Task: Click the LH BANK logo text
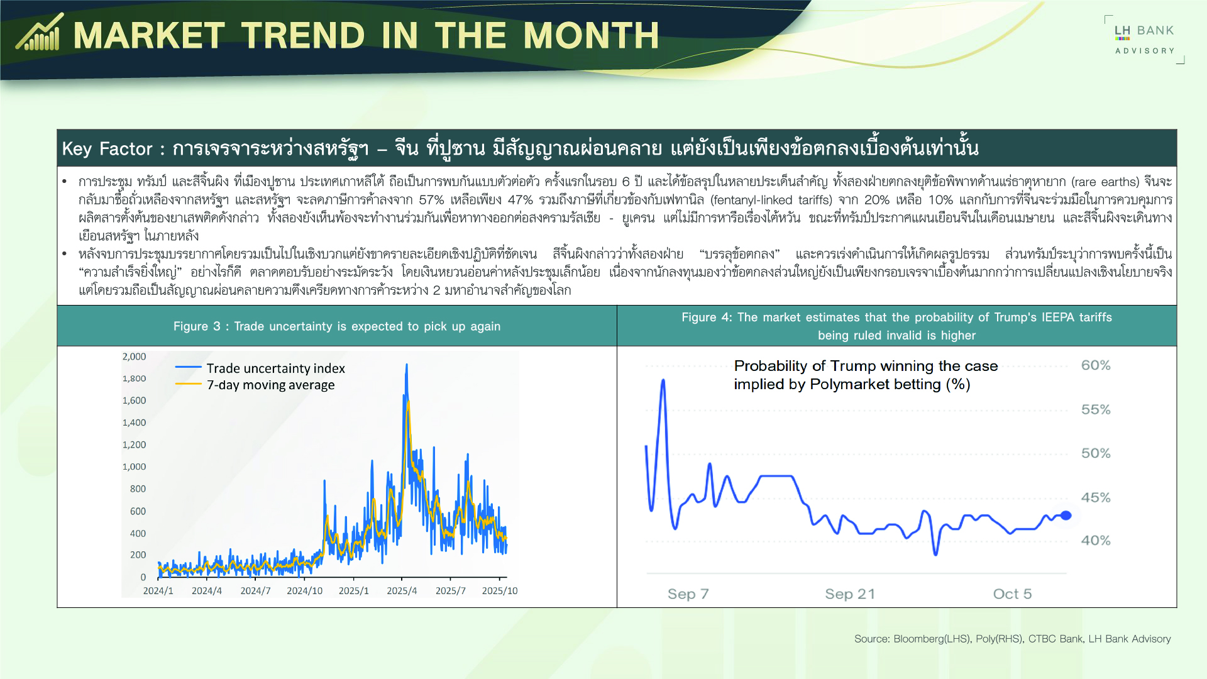coord(1144,31)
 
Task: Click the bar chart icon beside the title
coord(39,33)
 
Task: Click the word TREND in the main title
coord(302,35)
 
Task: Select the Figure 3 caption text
coord(336,326)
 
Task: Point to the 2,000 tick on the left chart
coord(134,356)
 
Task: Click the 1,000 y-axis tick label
coord(134,466)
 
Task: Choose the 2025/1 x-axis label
coord(353,591)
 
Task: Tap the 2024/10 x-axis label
coord(304,591)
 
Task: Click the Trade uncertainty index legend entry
coord(275,368)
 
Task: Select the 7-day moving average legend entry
coord(270,385)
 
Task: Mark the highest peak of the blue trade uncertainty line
coord(407,365)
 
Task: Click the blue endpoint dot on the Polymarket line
coord(1066,516)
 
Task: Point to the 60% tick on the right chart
coord(1095,365)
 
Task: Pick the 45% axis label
coord(1095,497)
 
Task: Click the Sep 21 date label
coord(849,594)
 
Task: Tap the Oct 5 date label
coord(1012,594)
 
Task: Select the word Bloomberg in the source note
coord(918,639)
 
